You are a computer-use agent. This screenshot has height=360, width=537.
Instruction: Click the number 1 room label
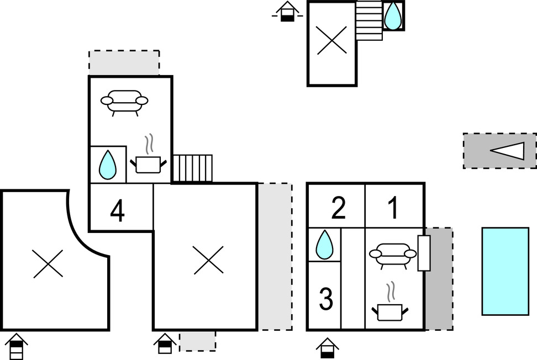(x=393, y=208)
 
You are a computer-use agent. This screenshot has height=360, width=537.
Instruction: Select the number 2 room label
(x=338, y=208)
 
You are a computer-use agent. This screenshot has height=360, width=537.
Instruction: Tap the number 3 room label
(x=327, y=300)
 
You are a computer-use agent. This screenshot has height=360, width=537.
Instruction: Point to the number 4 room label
(x=117, y=212)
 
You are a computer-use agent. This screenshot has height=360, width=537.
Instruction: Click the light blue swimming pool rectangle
(x=505, y=271)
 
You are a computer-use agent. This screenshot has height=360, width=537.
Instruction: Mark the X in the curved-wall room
(x=48, y=263)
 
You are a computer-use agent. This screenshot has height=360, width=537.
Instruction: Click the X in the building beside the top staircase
(x=331, y=41)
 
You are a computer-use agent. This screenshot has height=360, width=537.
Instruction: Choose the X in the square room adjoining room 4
(x=208, y=260)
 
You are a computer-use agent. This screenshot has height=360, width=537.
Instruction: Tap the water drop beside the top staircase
(x=393, y=15)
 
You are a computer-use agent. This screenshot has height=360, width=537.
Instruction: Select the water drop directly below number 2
(x=324, y=245)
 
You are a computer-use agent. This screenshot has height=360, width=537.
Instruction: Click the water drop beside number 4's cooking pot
(x=107, y=165)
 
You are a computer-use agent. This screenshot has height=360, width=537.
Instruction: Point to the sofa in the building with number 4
(x=125, y=102)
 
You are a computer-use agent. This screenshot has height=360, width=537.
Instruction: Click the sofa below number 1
(x=393, y=256)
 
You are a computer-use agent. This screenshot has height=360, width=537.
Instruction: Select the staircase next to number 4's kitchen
(x=192, y=168)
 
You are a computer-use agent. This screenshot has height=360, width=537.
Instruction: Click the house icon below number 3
(x=328, y=348)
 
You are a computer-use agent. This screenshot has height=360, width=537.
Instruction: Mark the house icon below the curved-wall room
(x=17, y=346)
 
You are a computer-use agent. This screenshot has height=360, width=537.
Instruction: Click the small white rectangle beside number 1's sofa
(x=424, y=253)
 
